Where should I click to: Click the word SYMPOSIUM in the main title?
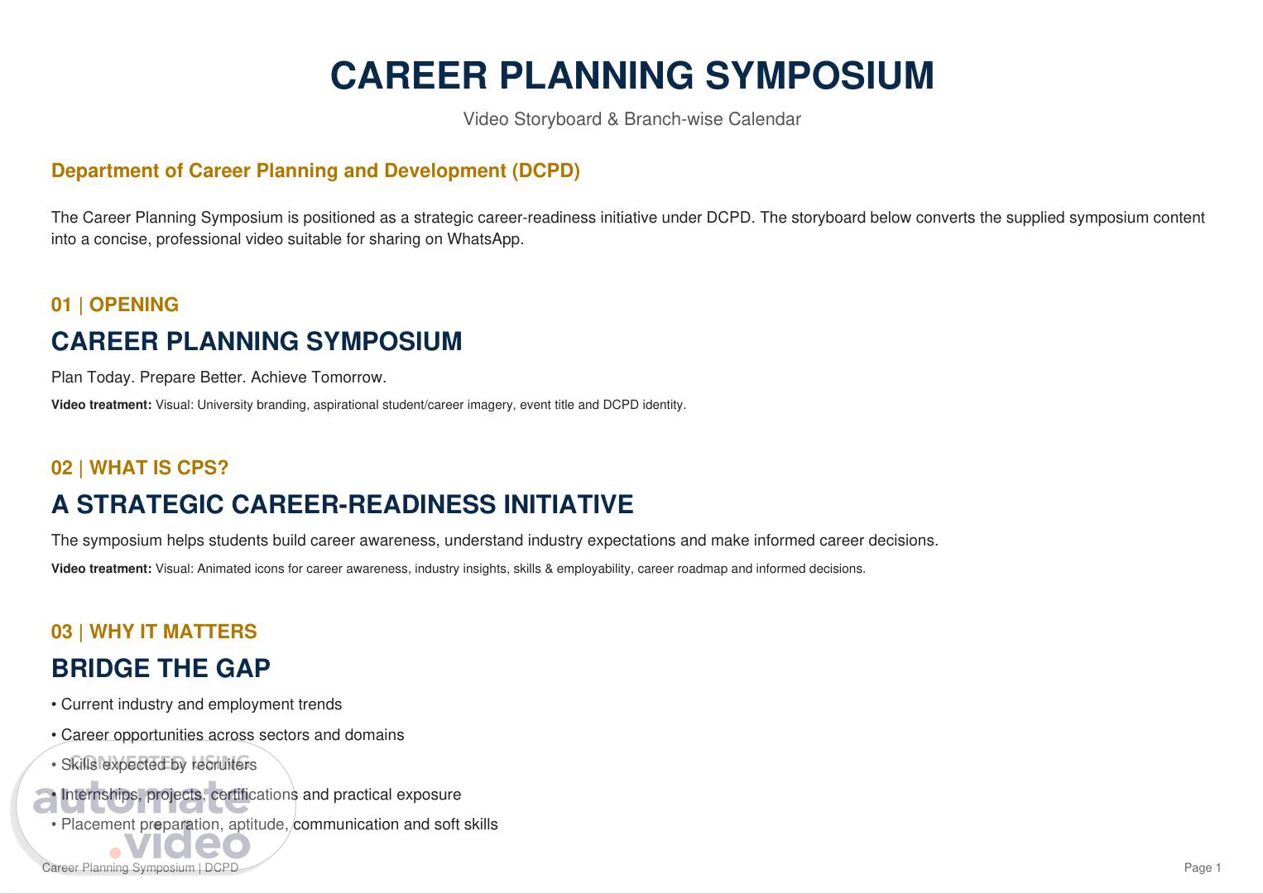819,75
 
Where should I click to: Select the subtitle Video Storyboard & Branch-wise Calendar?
632,119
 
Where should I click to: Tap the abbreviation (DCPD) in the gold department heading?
545,171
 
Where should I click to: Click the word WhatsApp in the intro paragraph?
484,239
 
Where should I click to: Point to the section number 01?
61,305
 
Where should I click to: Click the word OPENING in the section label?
133,305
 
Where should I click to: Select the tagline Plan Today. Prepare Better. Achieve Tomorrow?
219,377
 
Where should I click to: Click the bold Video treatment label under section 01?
102,405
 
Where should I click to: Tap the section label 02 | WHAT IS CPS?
139,468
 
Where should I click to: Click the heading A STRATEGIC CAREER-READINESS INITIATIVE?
343,504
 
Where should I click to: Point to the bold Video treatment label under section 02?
102,569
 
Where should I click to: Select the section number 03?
61,631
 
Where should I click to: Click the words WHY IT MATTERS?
173,631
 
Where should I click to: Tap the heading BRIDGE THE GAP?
161,668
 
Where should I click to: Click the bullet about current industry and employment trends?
197,704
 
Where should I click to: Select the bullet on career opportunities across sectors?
228,735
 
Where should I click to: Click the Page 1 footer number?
1202,868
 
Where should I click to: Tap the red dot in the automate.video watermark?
115,852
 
